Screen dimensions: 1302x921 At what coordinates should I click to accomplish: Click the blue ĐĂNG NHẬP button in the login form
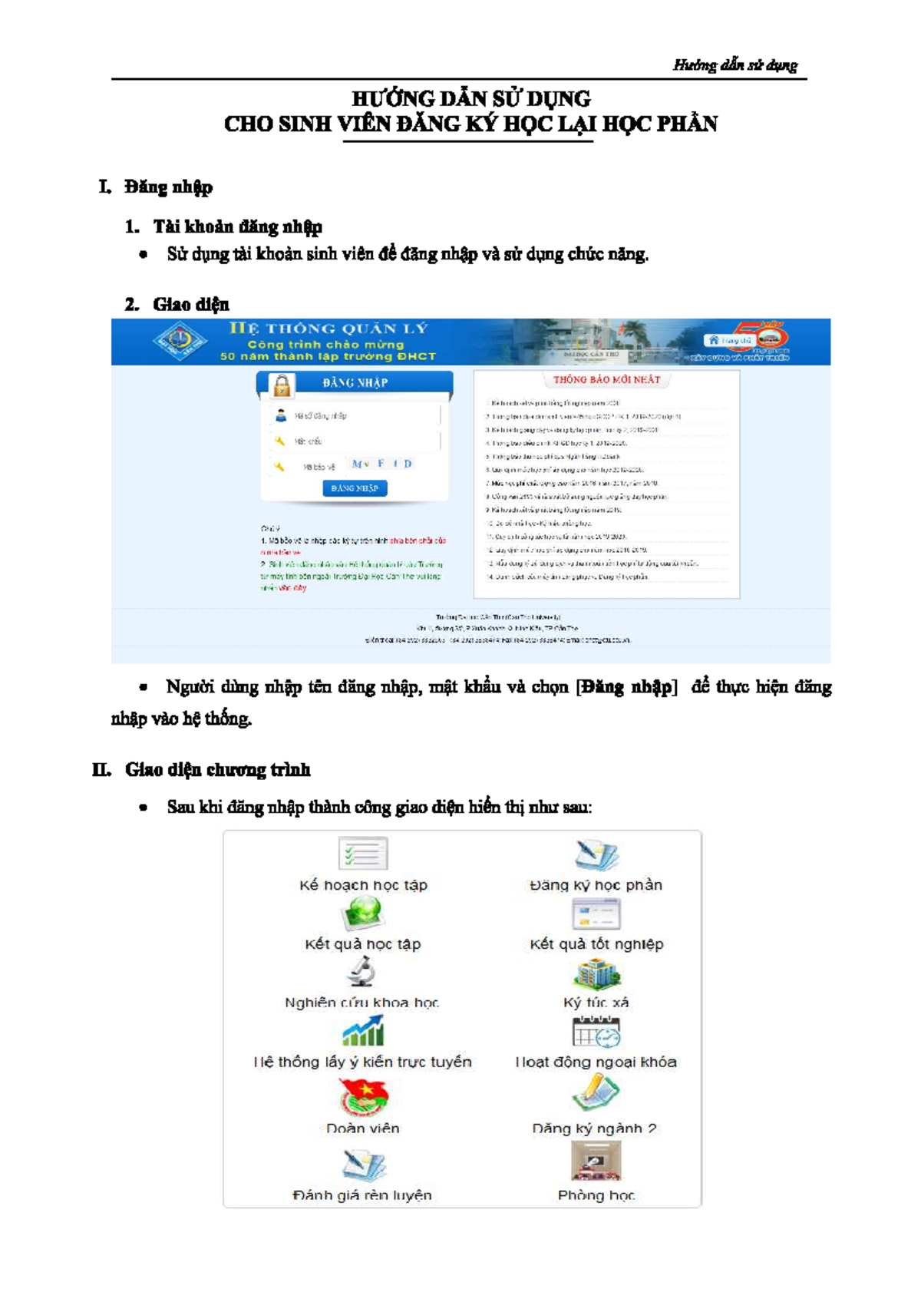coord(355,488)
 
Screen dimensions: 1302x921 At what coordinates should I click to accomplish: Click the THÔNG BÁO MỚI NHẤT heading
coord(606,379)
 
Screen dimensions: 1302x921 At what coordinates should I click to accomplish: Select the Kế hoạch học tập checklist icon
coord(363,854)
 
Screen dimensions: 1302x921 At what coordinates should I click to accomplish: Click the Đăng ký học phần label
coord(596,885)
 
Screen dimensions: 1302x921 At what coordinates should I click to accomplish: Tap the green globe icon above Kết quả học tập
coord(362,913)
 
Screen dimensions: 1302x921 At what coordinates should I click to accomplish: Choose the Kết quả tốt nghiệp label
coord(596,944)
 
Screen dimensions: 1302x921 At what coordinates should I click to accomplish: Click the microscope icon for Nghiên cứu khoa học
coord(361,972)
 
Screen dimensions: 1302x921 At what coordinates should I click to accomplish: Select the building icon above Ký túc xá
coord(596,973)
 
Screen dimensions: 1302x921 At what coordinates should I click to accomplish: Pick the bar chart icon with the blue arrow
coord(363,1031)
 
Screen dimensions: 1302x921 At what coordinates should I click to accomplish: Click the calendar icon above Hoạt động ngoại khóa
coord(596,1032)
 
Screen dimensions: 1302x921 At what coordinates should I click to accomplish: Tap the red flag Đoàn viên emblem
coord(363,1096)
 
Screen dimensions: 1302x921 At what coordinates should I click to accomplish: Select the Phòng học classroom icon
coord(596,1162)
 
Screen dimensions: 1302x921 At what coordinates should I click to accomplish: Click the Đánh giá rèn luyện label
coord(362,1195)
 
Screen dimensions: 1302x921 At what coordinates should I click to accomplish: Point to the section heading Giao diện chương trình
coord(217,770)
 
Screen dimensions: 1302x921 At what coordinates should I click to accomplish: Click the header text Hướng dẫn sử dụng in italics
coord(734,65)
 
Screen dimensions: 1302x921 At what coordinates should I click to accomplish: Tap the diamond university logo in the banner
coord(179,341)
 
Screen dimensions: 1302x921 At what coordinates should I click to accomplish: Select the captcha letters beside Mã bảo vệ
coord(381,464)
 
